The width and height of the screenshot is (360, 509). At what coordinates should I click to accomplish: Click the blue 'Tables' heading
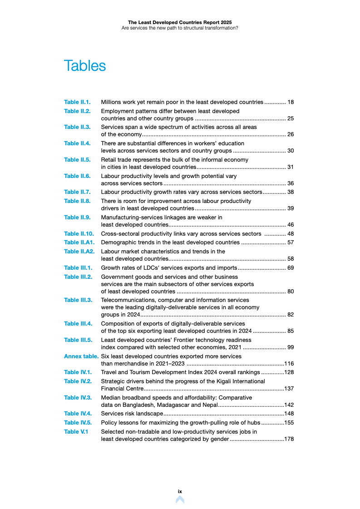[85, 66]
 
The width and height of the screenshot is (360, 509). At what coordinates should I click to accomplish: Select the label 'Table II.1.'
[77, 102]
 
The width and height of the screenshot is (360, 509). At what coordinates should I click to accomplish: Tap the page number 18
[291, 102]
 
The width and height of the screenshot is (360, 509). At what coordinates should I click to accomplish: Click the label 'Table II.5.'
[77, 160]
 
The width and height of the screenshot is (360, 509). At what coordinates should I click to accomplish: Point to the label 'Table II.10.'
[79, 234]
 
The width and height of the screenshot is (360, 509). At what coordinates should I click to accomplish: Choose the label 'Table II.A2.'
[79, 251]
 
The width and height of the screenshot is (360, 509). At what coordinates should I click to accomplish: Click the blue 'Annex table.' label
[81, 356]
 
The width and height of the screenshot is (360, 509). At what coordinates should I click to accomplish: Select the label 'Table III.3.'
[78, 300]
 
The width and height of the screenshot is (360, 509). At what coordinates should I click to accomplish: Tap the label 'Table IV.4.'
[78, 414]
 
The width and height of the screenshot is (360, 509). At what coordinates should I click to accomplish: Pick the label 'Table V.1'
[76, 431]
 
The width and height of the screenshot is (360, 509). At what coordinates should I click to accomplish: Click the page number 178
[289, 439]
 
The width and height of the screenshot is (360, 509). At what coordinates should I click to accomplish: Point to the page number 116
[289, 364]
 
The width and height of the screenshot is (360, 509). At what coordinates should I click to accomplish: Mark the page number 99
[291, 347]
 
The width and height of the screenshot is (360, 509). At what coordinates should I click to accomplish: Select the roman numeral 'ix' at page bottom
[180, 491]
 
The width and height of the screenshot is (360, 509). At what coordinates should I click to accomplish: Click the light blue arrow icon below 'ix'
[180, 499]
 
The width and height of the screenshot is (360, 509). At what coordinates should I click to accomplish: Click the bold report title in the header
[180, 22]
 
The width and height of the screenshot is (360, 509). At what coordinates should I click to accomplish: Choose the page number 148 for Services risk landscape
[289, 414]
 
